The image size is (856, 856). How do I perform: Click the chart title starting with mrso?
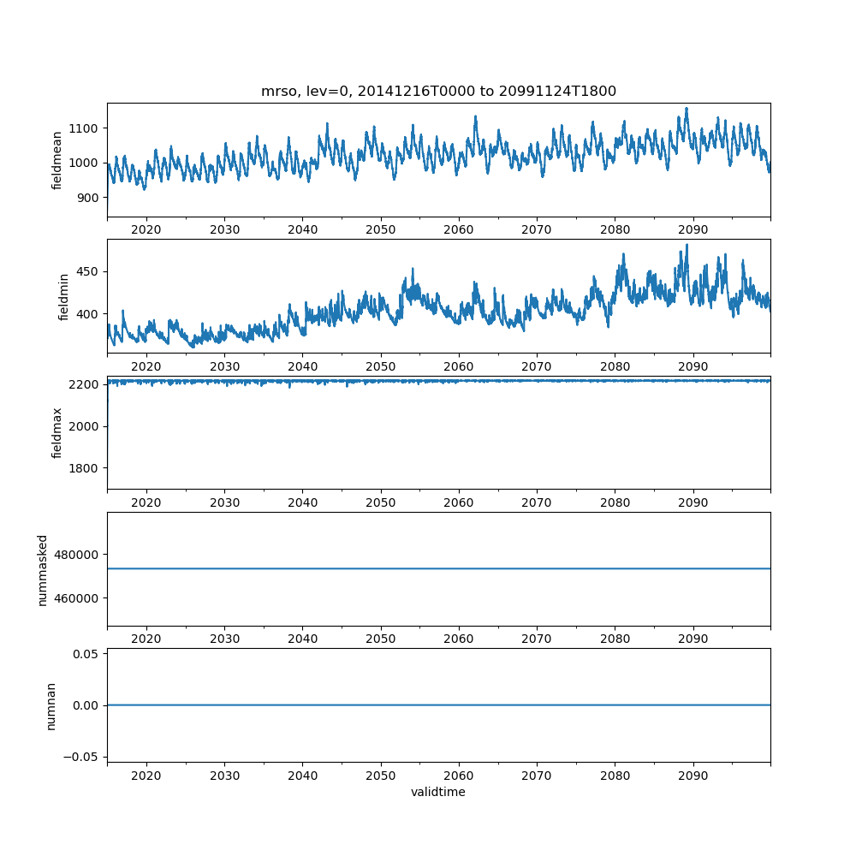(438, 92)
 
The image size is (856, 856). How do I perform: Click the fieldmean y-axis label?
(57, 160)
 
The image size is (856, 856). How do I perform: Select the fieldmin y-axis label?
(63, 297)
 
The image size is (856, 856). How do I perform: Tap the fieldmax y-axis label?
(57, 432)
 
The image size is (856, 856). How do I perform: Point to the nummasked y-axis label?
(42, 569)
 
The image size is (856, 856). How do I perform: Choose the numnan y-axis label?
(51, 705)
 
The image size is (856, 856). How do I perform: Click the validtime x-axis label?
(438, 793)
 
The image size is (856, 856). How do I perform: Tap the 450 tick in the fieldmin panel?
(88, 271)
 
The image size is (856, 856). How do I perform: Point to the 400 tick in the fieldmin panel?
(88, 314)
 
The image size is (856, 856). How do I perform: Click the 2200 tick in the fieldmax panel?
(85, 384)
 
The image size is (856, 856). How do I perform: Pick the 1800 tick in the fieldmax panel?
(85, 468)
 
